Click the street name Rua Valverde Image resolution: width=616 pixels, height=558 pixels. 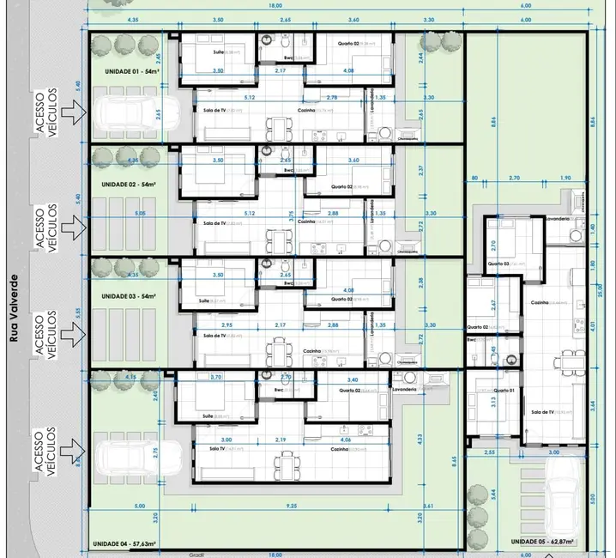coord(13,310)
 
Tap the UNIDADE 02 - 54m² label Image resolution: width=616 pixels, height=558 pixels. coord(130,184)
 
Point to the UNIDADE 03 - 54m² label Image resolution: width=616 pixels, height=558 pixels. coord(130,295)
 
